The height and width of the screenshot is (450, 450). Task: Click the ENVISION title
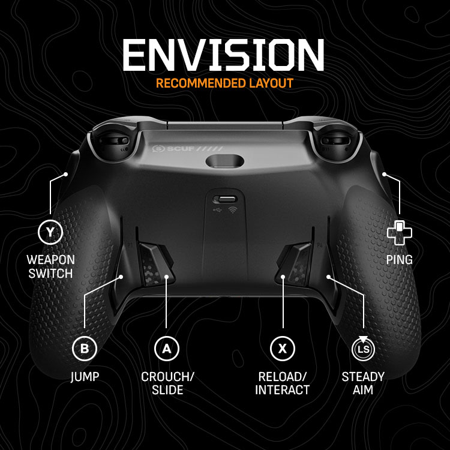tap(223, 55)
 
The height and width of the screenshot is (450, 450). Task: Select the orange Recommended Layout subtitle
tap(225, 83)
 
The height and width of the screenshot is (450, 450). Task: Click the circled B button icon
tap(85, 348)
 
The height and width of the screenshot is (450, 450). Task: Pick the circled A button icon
tap(167, 348)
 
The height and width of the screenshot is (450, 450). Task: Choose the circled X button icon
tap(283, 348)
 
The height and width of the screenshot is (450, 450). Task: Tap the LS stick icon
tap(363, 349)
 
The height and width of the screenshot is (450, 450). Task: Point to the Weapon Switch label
tap(50, 267)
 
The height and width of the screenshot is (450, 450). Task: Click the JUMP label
tap(85, 377)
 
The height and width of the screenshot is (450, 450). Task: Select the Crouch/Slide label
tap(167, 383)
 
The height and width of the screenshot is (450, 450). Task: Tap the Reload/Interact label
tap(283, 383)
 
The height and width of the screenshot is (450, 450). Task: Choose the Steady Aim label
tap(363, 383)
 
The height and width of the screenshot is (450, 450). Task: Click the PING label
tap(400, 260)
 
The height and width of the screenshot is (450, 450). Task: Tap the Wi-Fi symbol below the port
tap(233, 211)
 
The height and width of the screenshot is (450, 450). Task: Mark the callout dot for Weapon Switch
tap(66, 175)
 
